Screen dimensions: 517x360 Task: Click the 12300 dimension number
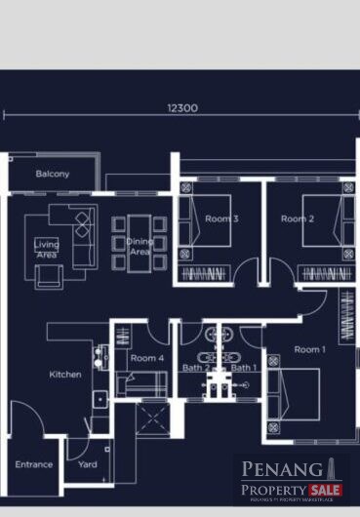pyautogui.click(x=181, y=107)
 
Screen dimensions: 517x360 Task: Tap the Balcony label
pyautogui.click(x=52, y=174)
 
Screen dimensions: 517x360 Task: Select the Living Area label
pyautogui.click(x=46, y=249)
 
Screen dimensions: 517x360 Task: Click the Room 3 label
pyautogui.click(x=221, y=219)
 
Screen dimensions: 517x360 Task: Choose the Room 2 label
pyautogui.click(x=297, y=219)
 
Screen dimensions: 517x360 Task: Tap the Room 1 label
pyautogui.click(x=308, y=349)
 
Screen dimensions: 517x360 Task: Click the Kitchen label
pyautogui.click(x=65, y=374)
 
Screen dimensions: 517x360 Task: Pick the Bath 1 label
pyautogui.click(x=243, y=368)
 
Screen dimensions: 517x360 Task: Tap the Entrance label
pyautogui.click(x=33, y=464)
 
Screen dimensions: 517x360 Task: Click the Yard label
pyautogui.click(x=88, y=464)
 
